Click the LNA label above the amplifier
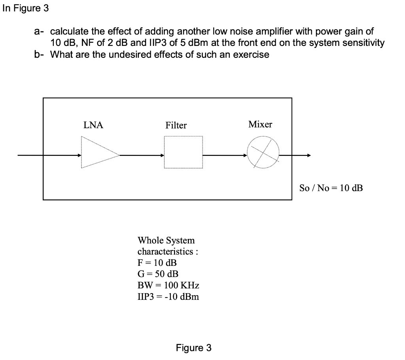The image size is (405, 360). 93,125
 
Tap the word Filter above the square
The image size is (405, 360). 176,125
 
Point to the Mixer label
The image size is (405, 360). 260,124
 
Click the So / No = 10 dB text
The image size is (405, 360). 331,188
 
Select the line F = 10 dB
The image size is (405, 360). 157,263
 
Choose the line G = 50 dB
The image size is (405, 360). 157,274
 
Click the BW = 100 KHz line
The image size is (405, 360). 168,285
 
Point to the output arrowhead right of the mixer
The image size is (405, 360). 308,155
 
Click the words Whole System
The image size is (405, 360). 166,240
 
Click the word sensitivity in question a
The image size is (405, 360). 364,43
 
